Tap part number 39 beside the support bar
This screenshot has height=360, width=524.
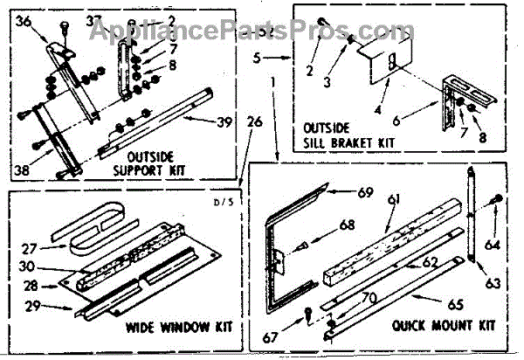(x=224, y=122)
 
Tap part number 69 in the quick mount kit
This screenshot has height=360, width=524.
(x=364, y=191)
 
